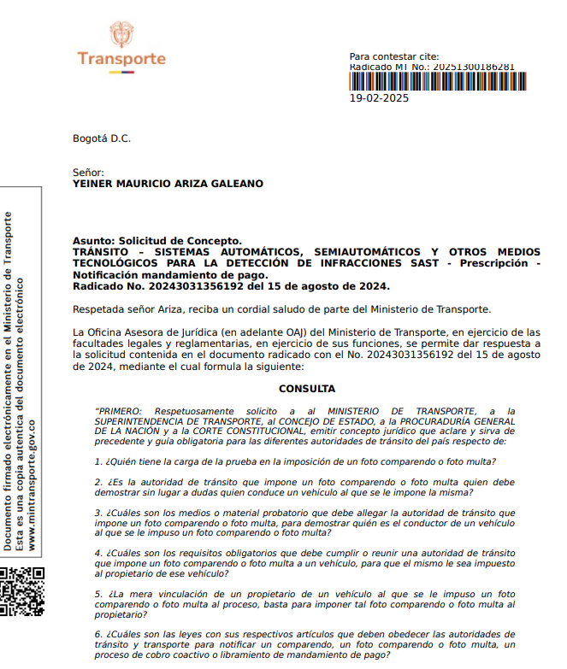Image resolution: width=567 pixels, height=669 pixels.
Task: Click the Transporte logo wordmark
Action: [121, 59]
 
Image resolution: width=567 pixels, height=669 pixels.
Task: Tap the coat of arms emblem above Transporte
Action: [121, 34]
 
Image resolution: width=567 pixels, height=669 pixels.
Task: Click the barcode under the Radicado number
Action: [437, 81]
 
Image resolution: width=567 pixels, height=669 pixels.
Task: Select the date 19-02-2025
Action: [380, 98]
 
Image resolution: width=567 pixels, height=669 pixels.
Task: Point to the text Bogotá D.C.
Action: [102, 138]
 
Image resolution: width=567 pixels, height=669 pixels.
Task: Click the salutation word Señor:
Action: [88, 173]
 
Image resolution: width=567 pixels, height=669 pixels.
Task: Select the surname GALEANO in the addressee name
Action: [235, 184]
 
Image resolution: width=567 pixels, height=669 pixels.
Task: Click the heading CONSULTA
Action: [307, 389]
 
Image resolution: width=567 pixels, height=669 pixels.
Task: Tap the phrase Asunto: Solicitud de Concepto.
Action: [157, 241]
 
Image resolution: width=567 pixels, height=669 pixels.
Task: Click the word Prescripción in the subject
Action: [491, 263]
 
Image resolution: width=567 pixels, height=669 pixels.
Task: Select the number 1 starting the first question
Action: [97, 461]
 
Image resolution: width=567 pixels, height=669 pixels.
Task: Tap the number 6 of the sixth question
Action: [97, 633]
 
